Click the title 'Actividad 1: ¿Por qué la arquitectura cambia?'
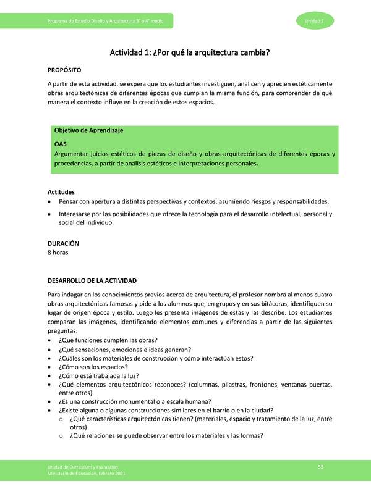(190, 53)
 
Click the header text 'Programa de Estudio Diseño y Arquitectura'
(92, 22)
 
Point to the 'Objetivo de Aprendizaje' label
(89, 130)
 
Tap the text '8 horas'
(58, 253)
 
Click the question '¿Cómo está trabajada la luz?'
(98, 375)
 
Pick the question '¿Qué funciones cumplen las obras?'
(108, 340)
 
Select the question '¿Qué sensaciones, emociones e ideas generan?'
(124, 349)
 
